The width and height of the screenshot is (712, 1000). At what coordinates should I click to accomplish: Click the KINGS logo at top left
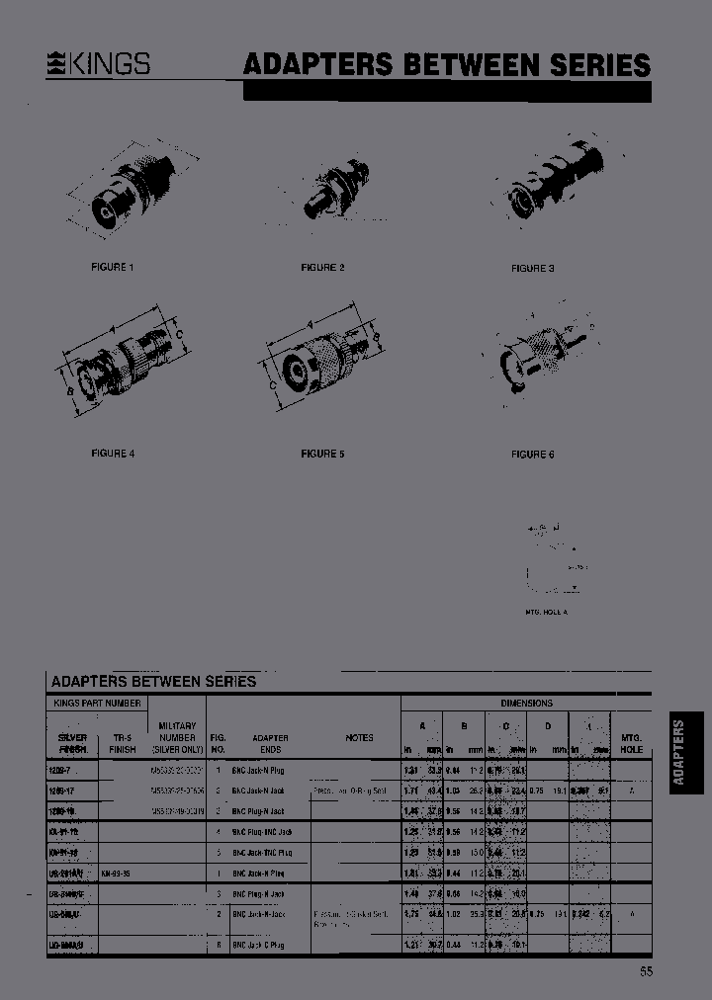point(100,64)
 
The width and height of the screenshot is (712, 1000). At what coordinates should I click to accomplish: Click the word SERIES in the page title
point(597,65)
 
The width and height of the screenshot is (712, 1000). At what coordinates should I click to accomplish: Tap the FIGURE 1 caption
point(112,268)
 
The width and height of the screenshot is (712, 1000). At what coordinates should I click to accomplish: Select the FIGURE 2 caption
point(322,268)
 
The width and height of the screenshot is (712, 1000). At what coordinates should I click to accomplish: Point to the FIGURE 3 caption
point(532,268)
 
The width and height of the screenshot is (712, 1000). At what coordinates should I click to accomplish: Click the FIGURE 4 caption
point(112,454)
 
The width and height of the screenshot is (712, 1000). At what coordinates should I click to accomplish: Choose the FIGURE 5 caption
point(322,454)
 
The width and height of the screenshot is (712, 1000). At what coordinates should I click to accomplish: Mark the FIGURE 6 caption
point(532,454)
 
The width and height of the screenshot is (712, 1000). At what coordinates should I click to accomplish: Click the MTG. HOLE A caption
point(546,613)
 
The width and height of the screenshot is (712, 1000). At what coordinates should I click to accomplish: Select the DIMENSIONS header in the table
point(526,703)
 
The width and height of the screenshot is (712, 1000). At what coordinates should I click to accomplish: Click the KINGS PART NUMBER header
point(95,703)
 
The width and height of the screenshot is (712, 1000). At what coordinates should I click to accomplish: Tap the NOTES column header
point(359,737)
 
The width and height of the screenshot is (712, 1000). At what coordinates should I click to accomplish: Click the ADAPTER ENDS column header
point(270,743)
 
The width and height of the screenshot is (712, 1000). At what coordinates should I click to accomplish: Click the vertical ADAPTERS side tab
point(678,752)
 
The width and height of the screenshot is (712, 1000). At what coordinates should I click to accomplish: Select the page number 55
point(645,971)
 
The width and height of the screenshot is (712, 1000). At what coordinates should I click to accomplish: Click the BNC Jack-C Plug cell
point(259,946)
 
